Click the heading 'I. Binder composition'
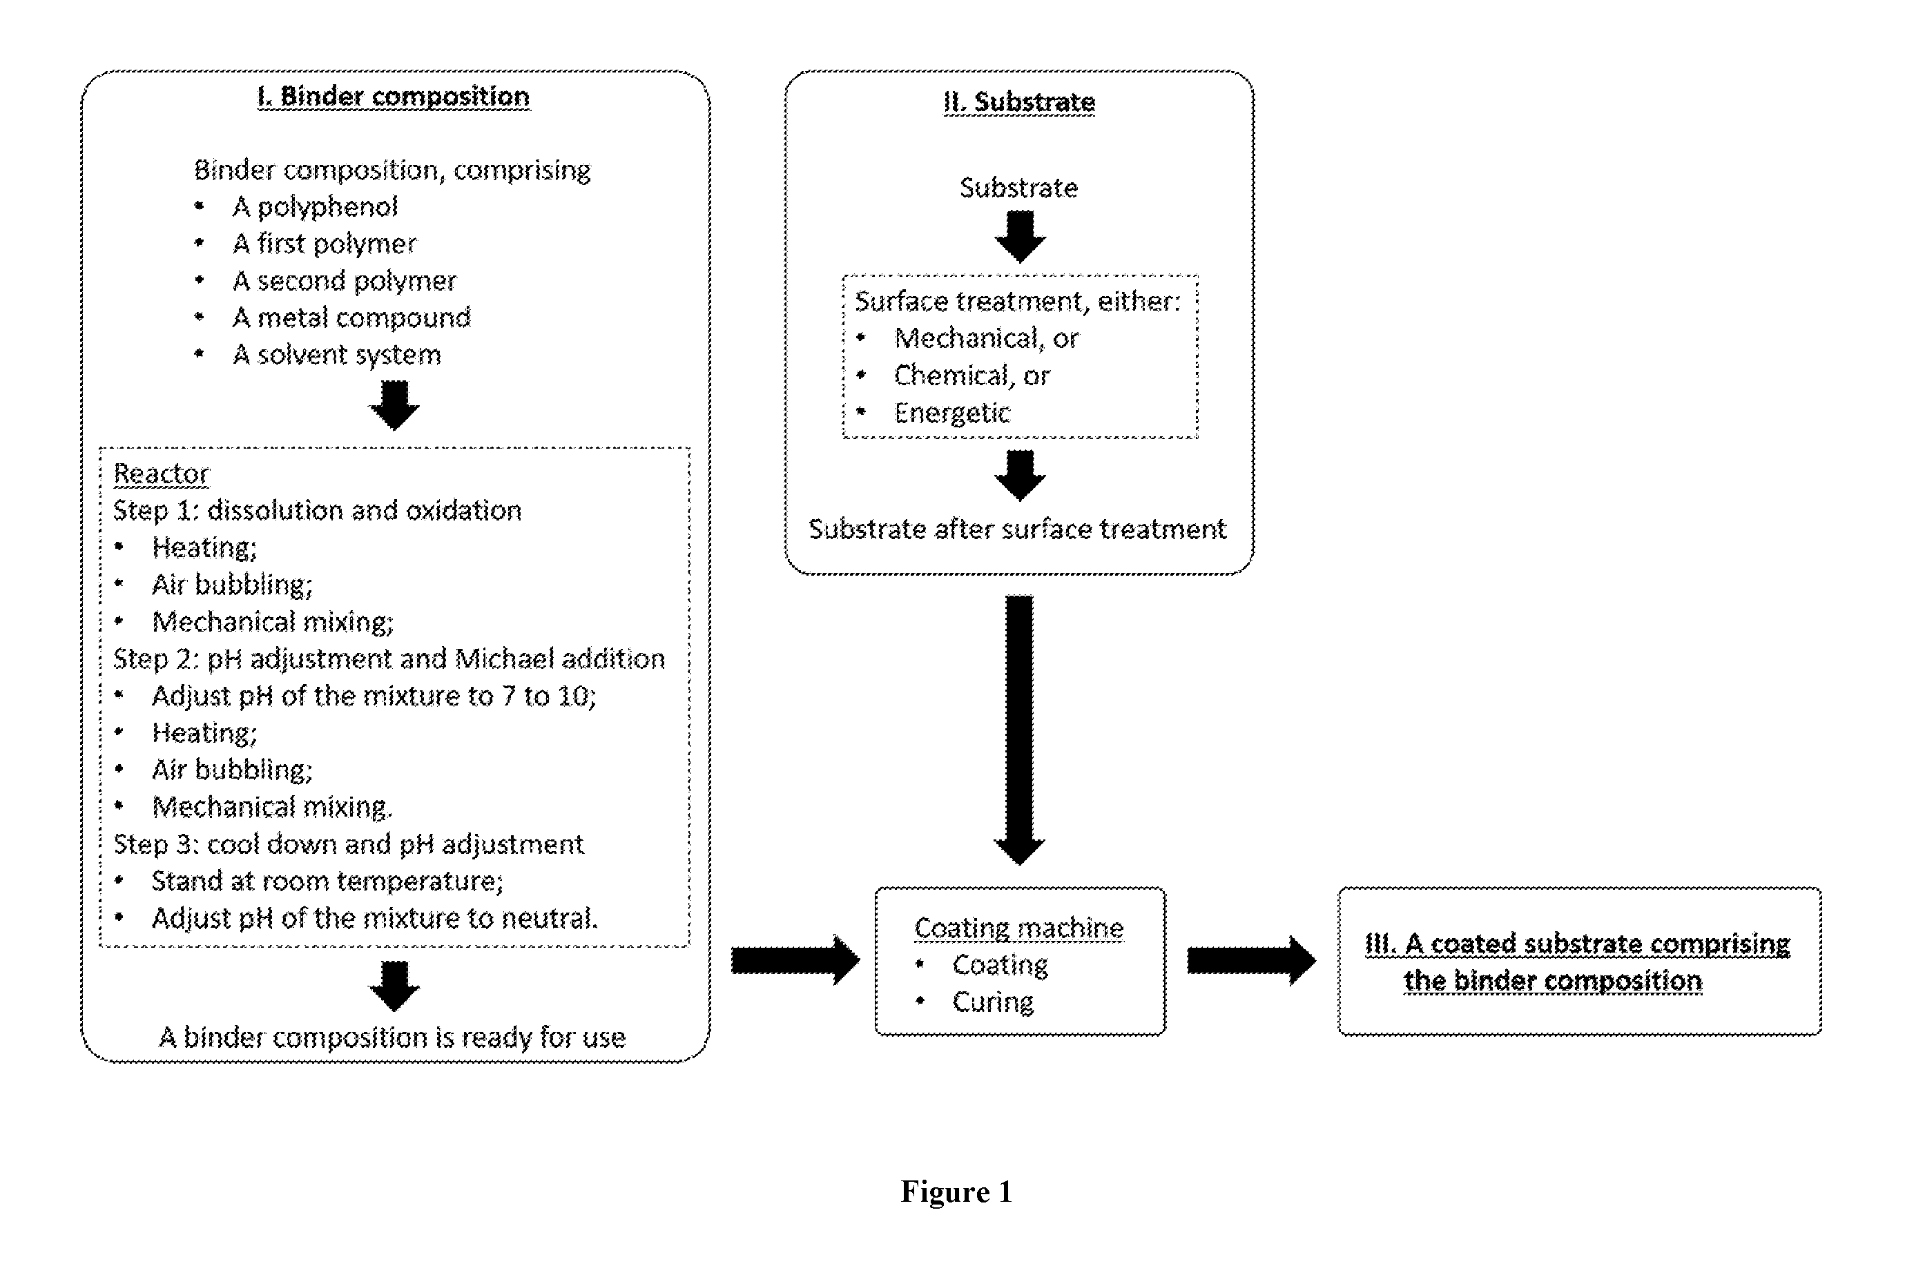[x=394, y=97]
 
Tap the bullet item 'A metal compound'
[x=351, y=318]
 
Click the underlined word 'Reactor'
[x=162, y=473]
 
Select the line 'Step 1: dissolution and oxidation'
[x=318, y=510]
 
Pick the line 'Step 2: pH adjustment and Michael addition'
[x=389, y=659]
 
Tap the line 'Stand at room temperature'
[x=327, y=881]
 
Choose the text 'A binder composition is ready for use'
[x=392, y=1038]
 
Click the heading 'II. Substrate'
[x=1019, y=103]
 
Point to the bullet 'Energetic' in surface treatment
[x=952, y=413]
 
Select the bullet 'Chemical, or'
[x=971, y=376]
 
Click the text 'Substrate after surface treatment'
[x=1018, y=529]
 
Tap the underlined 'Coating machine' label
[x=1019, y=928]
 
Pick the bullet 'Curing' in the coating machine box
[x=992, y=1003]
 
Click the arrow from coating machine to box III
[x=1251, y=961]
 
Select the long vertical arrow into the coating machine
[x=1019, y=730]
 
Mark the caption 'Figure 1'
[x=956, y=1191]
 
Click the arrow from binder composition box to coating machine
[x=795, y=961]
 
